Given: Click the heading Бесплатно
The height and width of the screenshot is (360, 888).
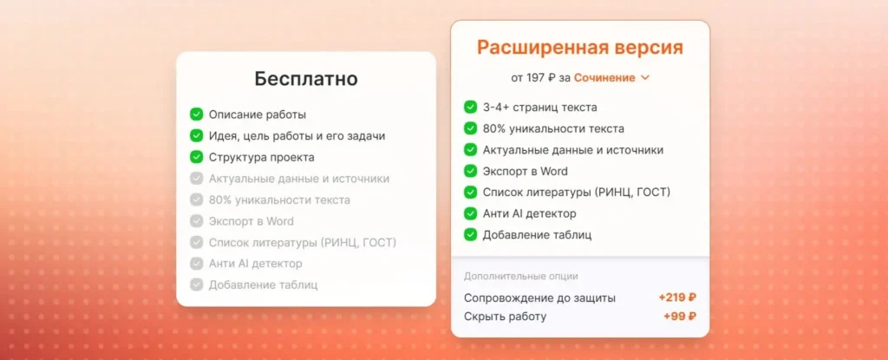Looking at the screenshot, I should tap(305, 78).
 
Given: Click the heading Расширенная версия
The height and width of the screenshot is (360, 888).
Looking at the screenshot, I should tap(579, 47).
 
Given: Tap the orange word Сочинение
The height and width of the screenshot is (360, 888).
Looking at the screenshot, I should tap(604, 78).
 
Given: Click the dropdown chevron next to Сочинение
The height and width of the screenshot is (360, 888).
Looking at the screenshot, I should tap(644, 78).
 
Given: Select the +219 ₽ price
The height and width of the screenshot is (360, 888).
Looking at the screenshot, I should tap(677, 298).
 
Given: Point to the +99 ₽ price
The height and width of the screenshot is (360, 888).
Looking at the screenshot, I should tap(680, 317).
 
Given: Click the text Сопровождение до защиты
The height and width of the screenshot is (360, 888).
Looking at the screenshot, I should tap(539, 298).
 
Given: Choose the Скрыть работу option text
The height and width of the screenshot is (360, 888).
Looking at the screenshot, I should tap(505, 317).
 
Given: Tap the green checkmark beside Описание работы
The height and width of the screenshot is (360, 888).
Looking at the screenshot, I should tap(196, 115).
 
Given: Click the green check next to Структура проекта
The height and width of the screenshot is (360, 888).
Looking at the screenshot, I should tap(196, 157).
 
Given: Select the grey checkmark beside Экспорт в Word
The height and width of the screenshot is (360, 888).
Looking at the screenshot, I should tap(196, 221).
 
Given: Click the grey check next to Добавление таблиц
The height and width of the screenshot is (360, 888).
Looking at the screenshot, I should tap(196, 285).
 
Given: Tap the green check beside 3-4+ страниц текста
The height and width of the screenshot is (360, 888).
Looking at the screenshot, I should tap(470, 108).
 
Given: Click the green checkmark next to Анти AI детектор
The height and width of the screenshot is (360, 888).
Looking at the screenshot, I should tap(470, 213).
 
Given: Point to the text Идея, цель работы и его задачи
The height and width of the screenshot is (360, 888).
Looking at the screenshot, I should tap(297, 136).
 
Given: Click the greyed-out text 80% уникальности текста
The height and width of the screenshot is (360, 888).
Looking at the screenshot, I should tap(279, 200).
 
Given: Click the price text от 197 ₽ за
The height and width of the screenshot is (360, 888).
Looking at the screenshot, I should tap(540, 78).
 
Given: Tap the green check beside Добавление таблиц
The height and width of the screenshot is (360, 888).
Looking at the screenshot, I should tap(470, 234).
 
